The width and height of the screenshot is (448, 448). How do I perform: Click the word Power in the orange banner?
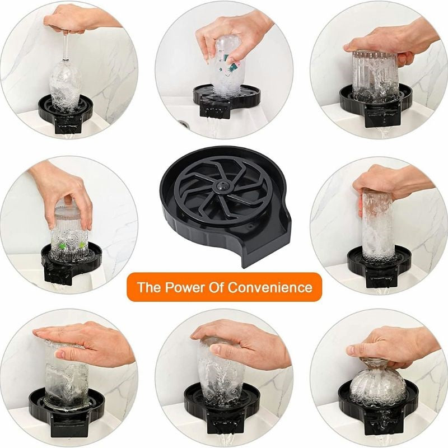(183, 288)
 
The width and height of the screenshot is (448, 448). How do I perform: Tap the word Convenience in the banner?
(270, 288)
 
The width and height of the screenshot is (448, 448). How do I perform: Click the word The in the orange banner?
(149, 288)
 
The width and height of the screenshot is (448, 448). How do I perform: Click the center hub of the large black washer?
(222, 185)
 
